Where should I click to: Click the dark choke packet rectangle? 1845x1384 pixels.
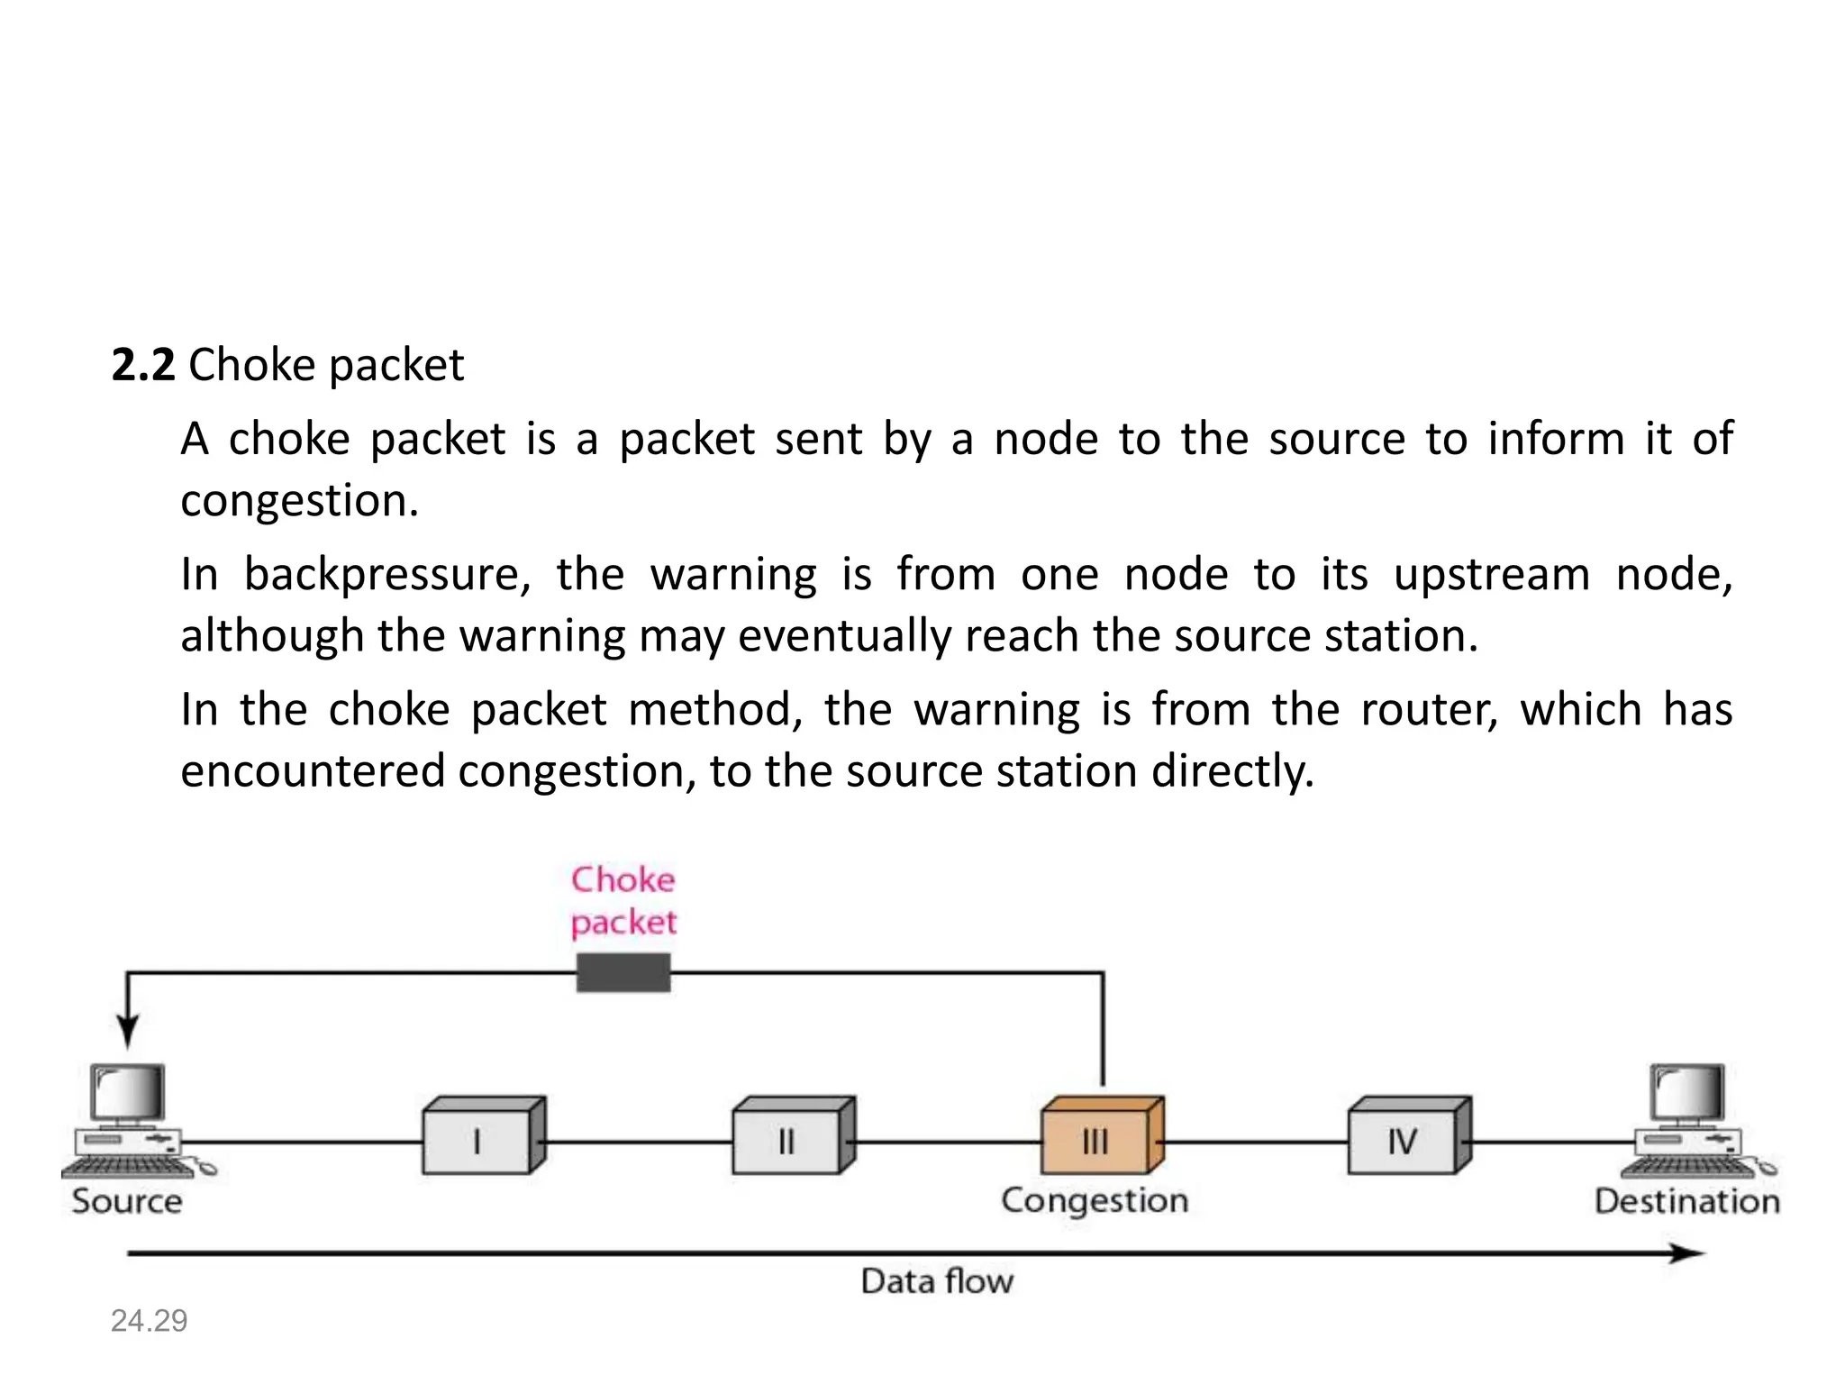coord(623,973)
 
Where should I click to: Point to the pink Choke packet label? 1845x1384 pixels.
coord(623,901)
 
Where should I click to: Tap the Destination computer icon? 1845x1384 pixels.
coord(1692,1122)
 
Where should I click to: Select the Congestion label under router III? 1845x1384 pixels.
coord(1095,1201)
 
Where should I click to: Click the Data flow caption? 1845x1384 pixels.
coord(937,1281)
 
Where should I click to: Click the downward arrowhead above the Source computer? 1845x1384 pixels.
coord(128,1031)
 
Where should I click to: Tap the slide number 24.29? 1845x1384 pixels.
coord(149,1321)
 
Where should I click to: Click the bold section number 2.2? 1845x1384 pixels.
coord(142,366)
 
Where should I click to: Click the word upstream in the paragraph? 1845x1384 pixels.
coord(1492,575)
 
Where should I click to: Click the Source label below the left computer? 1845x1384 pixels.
coord(127,1202)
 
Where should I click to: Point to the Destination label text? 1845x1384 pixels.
coord(1686,1202)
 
